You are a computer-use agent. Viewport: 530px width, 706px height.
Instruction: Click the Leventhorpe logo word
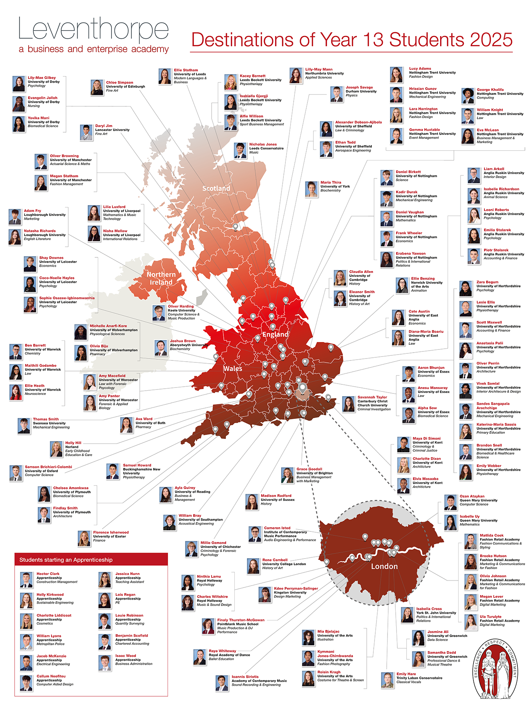pyautogui.click(x=93, y=29)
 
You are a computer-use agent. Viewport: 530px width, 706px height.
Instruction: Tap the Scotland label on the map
pyautogui.click(x=216, y=189)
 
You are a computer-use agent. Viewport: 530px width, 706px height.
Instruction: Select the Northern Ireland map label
pyautogui.click(x=161, y=278)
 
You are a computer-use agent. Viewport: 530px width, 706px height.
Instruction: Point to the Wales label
pyautogui.click(x=233, y=369)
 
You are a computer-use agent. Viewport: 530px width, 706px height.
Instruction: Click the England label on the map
pyautogui.click(x=275, y=335)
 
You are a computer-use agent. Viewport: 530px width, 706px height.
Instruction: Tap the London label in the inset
pyautogui.click(x=384, y=566)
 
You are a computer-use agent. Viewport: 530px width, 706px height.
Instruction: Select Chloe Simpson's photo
pyautogui.click(x=97, y=87)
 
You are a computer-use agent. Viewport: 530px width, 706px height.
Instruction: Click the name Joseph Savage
pyautogui.click(x=359, y=87)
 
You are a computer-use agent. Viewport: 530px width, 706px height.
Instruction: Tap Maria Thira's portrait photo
pyautogui.click(x=312, y=189)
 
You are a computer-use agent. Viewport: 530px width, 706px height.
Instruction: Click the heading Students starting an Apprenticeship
pyautogui.click(x=66, y=560)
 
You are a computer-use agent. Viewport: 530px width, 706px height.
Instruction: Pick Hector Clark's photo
pyautogui.click(x=27, y=580)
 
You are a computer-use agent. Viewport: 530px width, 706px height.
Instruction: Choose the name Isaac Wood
pyautogui.click(x=126, y=655)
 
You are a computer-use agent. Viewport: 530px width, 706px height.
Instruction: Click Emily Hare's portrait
pyautogui.click(x=387, y=680)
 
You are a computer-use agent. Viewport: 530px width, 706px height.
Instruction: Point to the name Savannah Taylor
pyautogui.click(x=372, y=397)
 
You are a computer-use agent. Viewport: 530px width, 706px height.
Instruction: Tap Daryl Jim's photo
pyautogui.click(x=86, y=133)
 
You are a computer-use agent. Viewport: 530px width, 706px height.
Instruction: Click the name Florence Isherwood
pyautogui.click(x=111, y=532)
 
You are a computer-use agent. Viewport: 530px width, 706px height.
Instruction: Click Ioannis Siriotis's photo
pyautogui.click(x=222, y=683)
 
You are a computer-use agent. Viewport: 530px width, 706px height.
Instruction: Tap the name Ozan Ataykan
pyautogui.click(x=472, y=496)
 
